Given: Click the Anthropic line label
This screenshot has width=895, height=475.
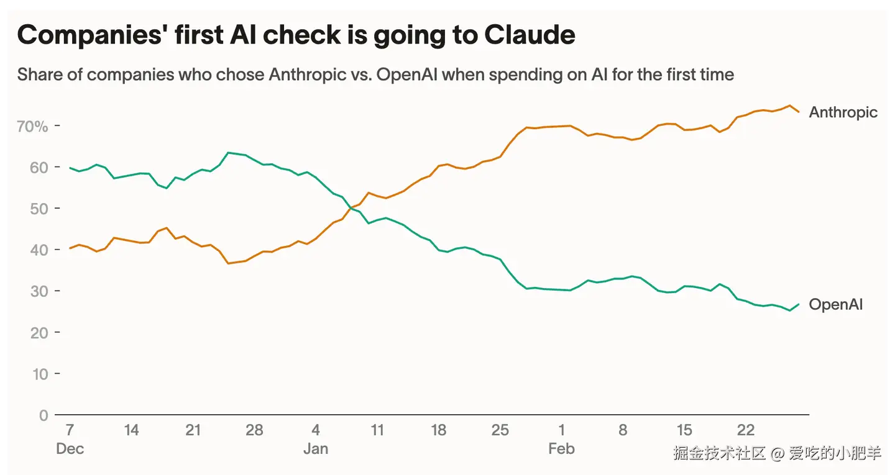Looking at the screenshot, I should [x=843, y=112].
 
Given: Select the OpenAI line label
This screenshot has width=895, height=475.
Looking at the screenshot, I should [x=835, y=305].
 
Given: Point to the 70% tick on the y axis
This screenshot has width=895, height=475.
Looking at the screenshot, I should [x=33, y=126].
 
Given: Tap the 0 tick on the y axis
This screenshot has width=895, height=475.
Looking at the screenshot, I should [x=44, y=415].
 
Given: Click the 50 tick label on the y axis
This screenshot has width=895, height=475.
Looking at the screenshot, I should [x=39, y=209].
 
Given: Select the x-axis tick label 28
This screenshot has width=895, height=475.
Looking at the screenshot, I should [x=254, y=430].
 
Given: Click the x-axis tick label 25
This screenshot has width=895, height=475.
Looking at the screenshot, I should [x=500, y=430].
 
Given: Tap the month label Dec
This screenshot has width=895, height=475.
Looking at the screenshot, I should [x=70, y=449].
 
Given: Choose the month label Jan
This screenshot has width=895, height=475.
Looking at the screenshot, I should [x=316, y=449].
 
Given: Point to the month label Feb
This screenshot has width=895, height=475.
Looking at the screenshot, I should [x=561, y=449].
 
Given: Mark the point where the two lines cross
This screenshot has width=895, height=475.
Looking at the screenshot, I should [x=352, y=207].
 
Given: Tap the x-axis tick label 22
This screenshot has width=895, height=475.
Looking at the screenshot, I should [x=745, y=430].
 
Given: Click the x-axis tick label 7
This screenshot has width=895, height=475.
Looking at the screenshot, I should [x=70, y=430].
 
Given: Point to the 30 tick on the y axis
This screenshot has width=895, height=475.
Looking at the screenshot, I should [x=39, y=291].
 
